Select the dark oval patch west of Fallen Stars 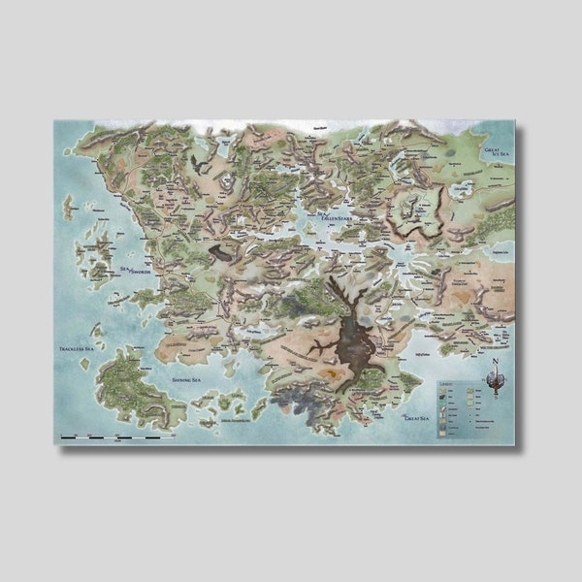click(x=222, y=252)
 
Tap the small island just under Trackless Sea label click(x=86, y=364)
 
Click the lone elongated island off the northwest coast click(x=68, y=207)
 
